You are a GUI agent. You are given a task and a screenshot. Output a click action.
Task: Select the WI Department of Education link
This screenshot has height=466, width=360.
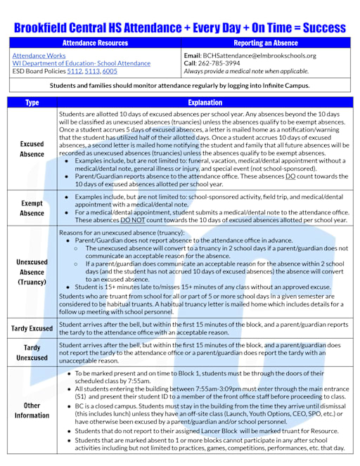pyautogui.click(x=76, y=63)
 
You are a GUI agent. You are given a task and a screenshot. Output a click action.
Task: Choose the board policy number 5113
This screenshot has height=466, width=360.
pyautogui.click(x=92, y=71)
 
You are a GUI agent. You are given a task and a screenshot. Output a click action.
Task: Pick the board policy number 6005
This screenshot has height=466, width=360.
pyautogui.click(x=110, y=71)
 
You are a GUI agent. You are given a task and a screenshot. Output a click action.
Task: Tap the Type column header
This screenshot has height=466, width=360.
pyautogui.click(x=32, y=103)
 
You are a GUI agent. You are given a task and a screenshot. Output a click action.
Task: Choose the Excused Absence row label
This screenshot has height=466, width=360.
pyautogui.click(x=32, y=148)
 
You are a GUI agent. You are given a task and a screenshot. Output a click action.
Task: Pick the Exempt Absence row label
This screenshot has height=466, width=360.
pyautogui.click(x=32, y=207)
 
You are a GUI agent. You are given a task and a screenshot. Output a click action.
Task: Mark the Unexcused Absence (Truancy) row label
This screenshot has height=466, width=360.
pyautogui.click(x=32, y=271)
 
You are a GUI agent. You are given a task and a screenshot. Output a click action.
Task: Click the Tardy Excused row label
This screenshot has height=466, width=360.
pyautogui.click(x=32, y=328)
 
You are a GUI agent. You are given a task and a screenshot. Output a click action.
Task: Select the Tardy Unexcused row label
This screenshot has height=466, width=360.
pyautogui.click(x=32, y=352)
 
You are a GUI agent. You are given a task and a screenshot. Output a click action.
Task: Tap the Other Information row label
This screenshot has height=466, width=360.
pyautogui.click(x=32, y=410)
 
